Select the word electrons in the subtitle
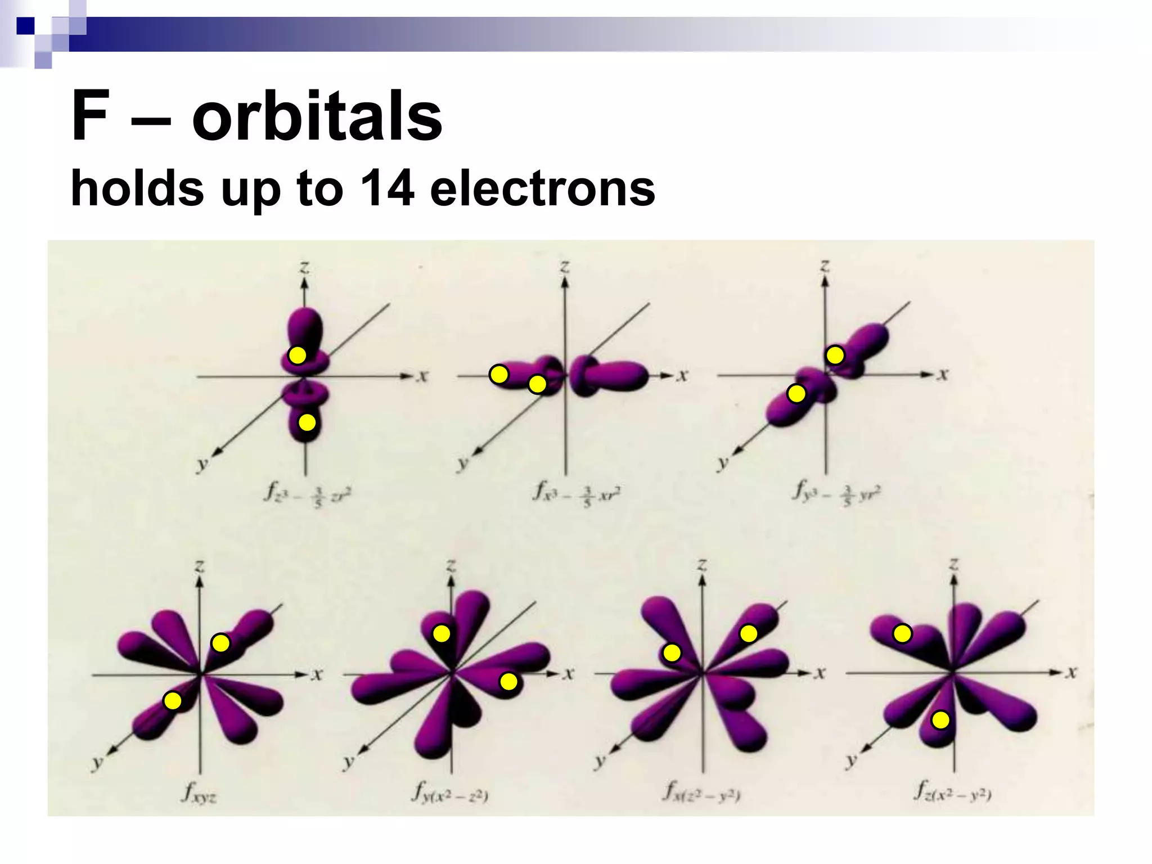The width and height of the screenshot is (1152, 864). click(x=542, y=188)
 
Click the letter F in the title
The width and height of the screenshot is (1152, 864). click(x=89, y=116)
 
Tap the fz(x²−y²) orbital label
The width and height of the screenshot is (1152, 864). click(x=952, y=793)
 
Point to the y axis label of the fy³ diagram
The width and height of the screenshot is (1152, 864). click(x=723, y=463)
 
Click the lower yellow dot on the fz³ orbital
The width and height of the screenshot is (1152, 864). click(x=307, y=422)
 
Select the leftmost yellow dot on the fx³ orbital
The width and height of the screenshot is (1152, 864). click(x=499, y=374)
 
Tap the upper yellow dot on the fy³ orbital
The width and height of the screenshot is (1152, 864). click(x=835, y=355)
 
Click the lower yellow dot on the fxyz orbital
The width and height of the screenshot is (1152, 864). click(x=173, y=701)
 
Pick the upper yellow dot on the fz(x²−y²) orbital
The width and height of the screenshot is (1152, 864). click(x=902, y=634)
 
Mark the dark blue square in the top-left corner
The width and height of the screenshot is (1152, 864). click(x=25, y=26)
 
